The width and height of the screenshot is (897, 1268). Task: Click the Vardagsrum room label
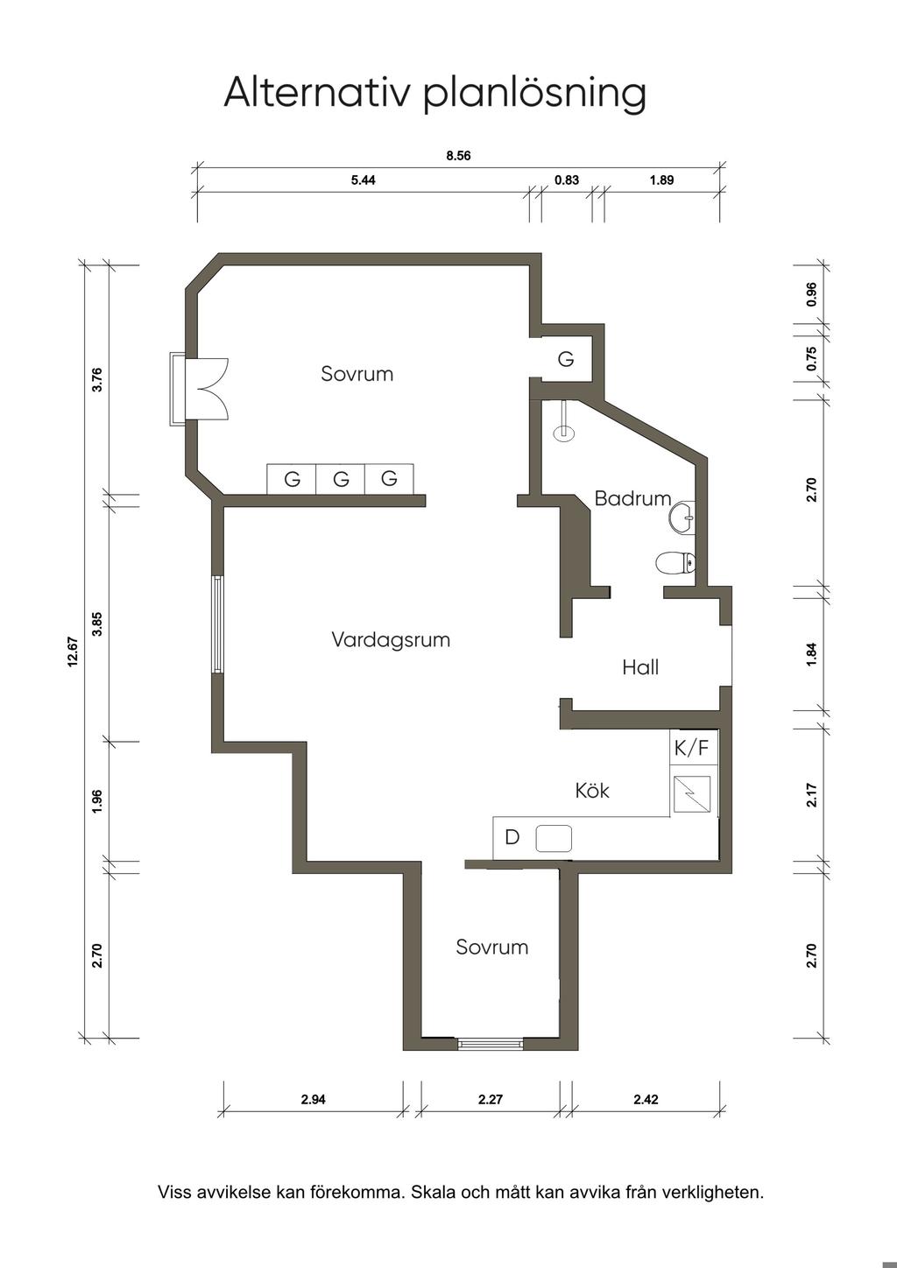[x=391, y=640]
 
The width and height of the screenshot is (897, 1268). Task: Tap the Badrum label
[x=632, y=498]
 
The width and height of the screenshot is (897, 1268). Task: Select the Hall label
[x=640, y=667]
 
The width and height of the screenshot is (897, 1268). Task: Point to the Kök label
[x=592, y=790]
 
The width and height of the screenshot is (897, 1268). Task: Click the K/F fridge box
[x=691, y=748]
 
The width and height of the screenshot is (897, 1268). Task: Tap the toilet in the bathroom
[x=675, y=563]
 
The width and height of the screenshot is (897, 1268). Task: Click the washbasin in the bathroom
[x=682, y=518]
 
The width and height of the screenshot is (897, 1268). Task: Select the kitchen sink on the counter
[x=554, y=838]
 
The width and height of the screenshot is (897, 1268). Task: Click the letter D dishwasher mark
[x=512, y=837]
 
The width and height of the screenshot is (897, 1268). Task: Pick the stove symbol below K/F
[x=691, y=794]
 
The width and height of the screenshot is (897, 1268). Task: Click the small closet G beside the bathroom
[x=566, y=359]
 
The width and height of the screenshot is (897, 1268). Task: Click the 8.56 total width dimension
[x=458, y=156]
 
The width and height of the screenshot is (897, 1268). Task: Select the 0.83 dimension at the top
[x=567, y=180]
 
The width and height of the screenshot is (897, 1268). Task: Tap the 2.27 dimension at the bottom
[x=491, y=1099]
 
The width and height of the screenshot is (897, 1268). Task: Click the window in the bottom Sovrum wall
[x=491, y=1043]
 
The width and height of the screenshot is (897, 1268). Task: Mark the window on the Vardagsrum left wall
[x=218, y=624]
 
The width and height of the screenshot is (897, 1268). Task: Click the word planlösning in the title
[x=534, y=93]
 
